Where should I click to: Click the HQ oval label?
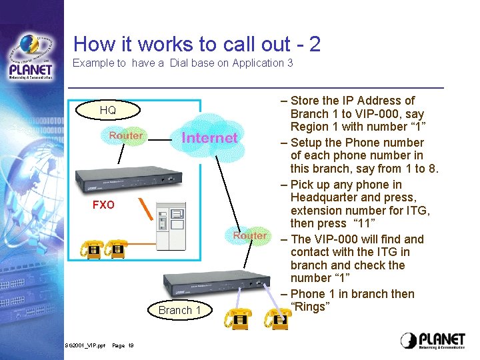pyautogui.click(x=107, y=110)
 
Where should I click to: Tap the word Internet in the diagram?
pyautogui.click(x=209, y=138)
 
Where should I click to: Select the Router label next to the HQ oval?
pyautogui.click(x=126, y=136)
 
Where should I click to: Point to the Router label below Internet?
pyautogui.click(x=250, y=236)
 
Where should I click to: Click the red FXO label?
pyautogui.click(x=103, y=205)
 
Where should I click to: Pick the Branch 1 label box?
pyautogui.click(x=179, y=310)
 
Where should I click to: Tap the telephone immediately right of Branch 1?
pyautogui.click(x=239, y=319)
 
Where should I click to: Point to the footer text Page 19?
pyautogui.click(x=123, y=345)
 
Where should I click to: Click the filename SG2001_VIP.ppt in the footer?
pyautogui.click(x=85, y=345)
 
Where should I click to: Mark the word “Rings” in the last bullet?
pyautogui.click(x=310, y=307)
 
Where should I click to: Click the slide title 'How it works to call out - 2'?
pyautogui.click(x=197, y=44)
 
